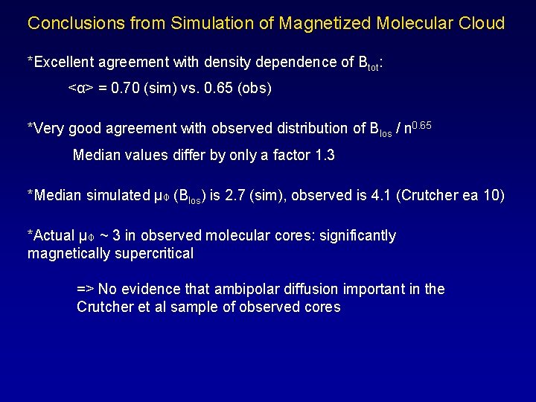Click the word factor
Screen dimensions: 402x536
283,156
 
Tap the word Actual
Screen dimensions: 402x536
54,236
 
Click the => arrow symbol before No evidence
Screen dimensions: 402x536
86,289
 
